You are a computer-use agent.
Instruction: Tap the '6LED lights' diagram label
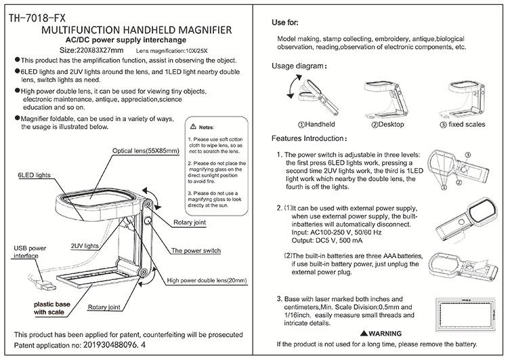[x=33, y=174]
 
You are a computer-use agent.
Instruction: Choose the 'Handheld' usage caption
[x=315, y=125]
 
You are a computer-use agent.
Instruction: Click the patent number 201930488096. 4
[x=106, y=345]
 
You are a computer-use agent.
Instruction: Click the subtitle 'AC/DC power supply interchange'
[x=135, y=40]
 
